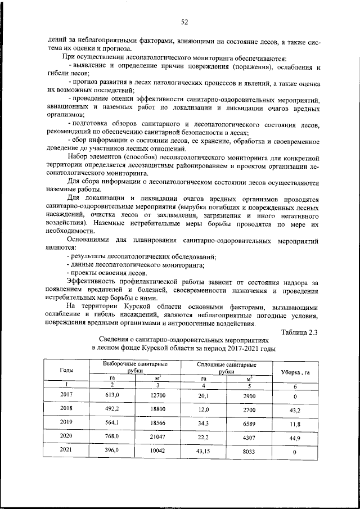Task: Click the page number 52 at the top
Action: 184,22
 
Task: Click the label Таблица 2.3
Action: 299,332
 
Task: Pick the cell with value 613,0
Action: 112,395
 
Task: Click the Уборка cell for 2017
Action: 295,395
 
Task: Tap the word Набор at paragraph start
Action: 78,156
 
